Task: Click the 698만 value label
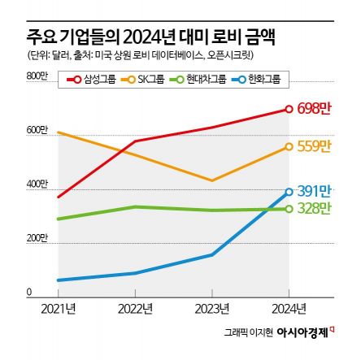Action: click(x=314, y=109)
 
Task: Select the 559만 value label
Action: click(x=314, y=146)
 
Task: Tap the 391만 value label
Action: click(x=314, y=191)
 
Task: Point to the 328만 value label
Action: click(x=314, y=209)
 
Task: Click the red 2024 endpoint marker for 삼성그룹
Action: click(x=289, y=109)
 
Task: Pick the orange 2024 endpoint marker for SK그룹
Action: click(x=289, y=146)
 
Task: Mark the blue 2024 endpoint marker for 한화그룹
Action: click(x=289, y=192)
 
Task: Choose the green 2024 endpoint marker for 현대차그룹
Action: click(x=289, y=209)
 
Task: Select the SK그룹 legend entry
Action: click(x=144, y=79)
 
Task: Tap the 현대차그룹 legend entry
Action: click(x=194, y=79)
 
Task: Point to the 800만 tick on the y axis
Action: click(x=38, y=76)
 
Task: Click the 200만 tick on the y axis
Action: click(x=38, y=239)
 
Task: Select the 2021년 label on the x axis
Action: click(x=59, y=308)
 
